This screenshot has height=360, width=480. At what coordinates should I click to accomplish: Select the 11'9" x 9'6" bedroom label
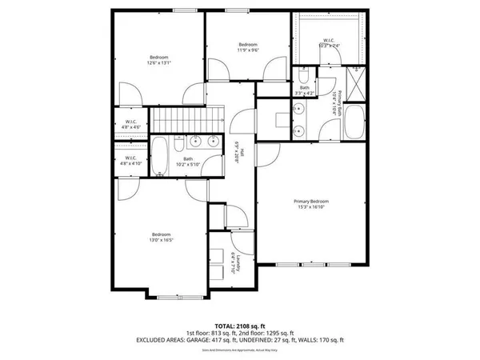coord(248,50)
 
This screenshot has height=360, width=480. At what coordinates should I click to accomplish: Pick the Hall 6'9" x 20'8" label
coord(238,153)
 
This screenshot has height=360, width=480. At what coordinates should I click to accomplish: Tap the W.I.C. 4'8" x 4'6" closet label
coord(132,125)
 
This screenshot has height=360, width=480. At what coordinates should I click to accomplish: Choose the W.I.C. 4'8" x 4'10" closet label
coord(132,160)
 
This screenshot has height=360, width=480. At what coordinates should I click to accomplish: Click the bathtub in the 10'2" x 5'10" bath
coord(160,155)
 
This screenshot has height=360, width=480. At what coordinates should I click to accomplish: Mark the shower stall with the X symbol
coord(355,82)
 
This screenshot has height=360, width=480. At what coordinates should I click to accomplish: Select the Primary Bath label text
coord(339,104)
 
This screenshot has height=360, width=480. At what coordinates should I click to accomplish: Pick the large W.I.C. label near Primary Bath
coord(330,43)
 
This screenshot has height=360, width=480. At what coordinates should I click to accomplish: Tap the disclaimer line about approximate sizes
coord(240,350)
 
